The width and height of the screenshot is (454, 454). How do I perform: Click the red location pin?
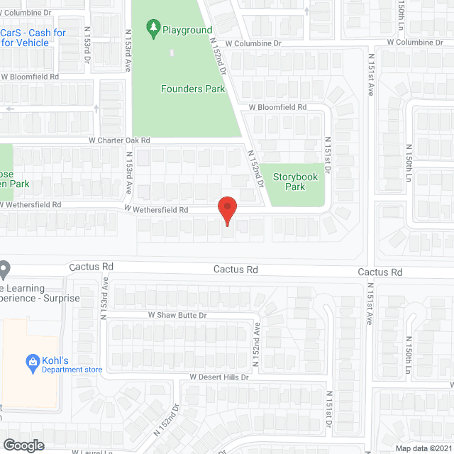(x=227, y=210)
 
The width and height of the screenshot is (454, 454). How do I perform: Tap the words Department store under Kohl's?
(x=72, y=370)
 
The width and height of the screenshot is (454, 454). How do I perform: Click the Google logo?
(x=23, y=445)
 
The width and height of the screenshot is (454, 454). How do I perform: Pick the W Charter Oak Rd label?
(x=120, y=140)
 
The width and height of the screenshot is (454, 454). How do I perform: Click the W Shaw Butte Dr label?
(x=177, y=314)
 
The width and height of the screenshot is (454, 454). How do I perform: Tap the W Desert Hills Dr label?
(x=219, y=377)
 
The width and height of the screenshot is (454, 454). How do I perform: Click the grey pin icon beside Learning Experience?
(x=4, y=270)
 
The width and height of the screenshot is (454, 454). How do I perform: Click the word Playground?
(x=187, y=30)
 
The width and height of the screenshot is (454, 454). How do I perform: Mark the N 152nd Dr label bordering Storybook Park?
(x=255, y=168)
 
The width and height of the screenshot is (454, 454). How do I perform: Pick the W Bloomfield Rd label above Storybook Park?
(x=277, y=107)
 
